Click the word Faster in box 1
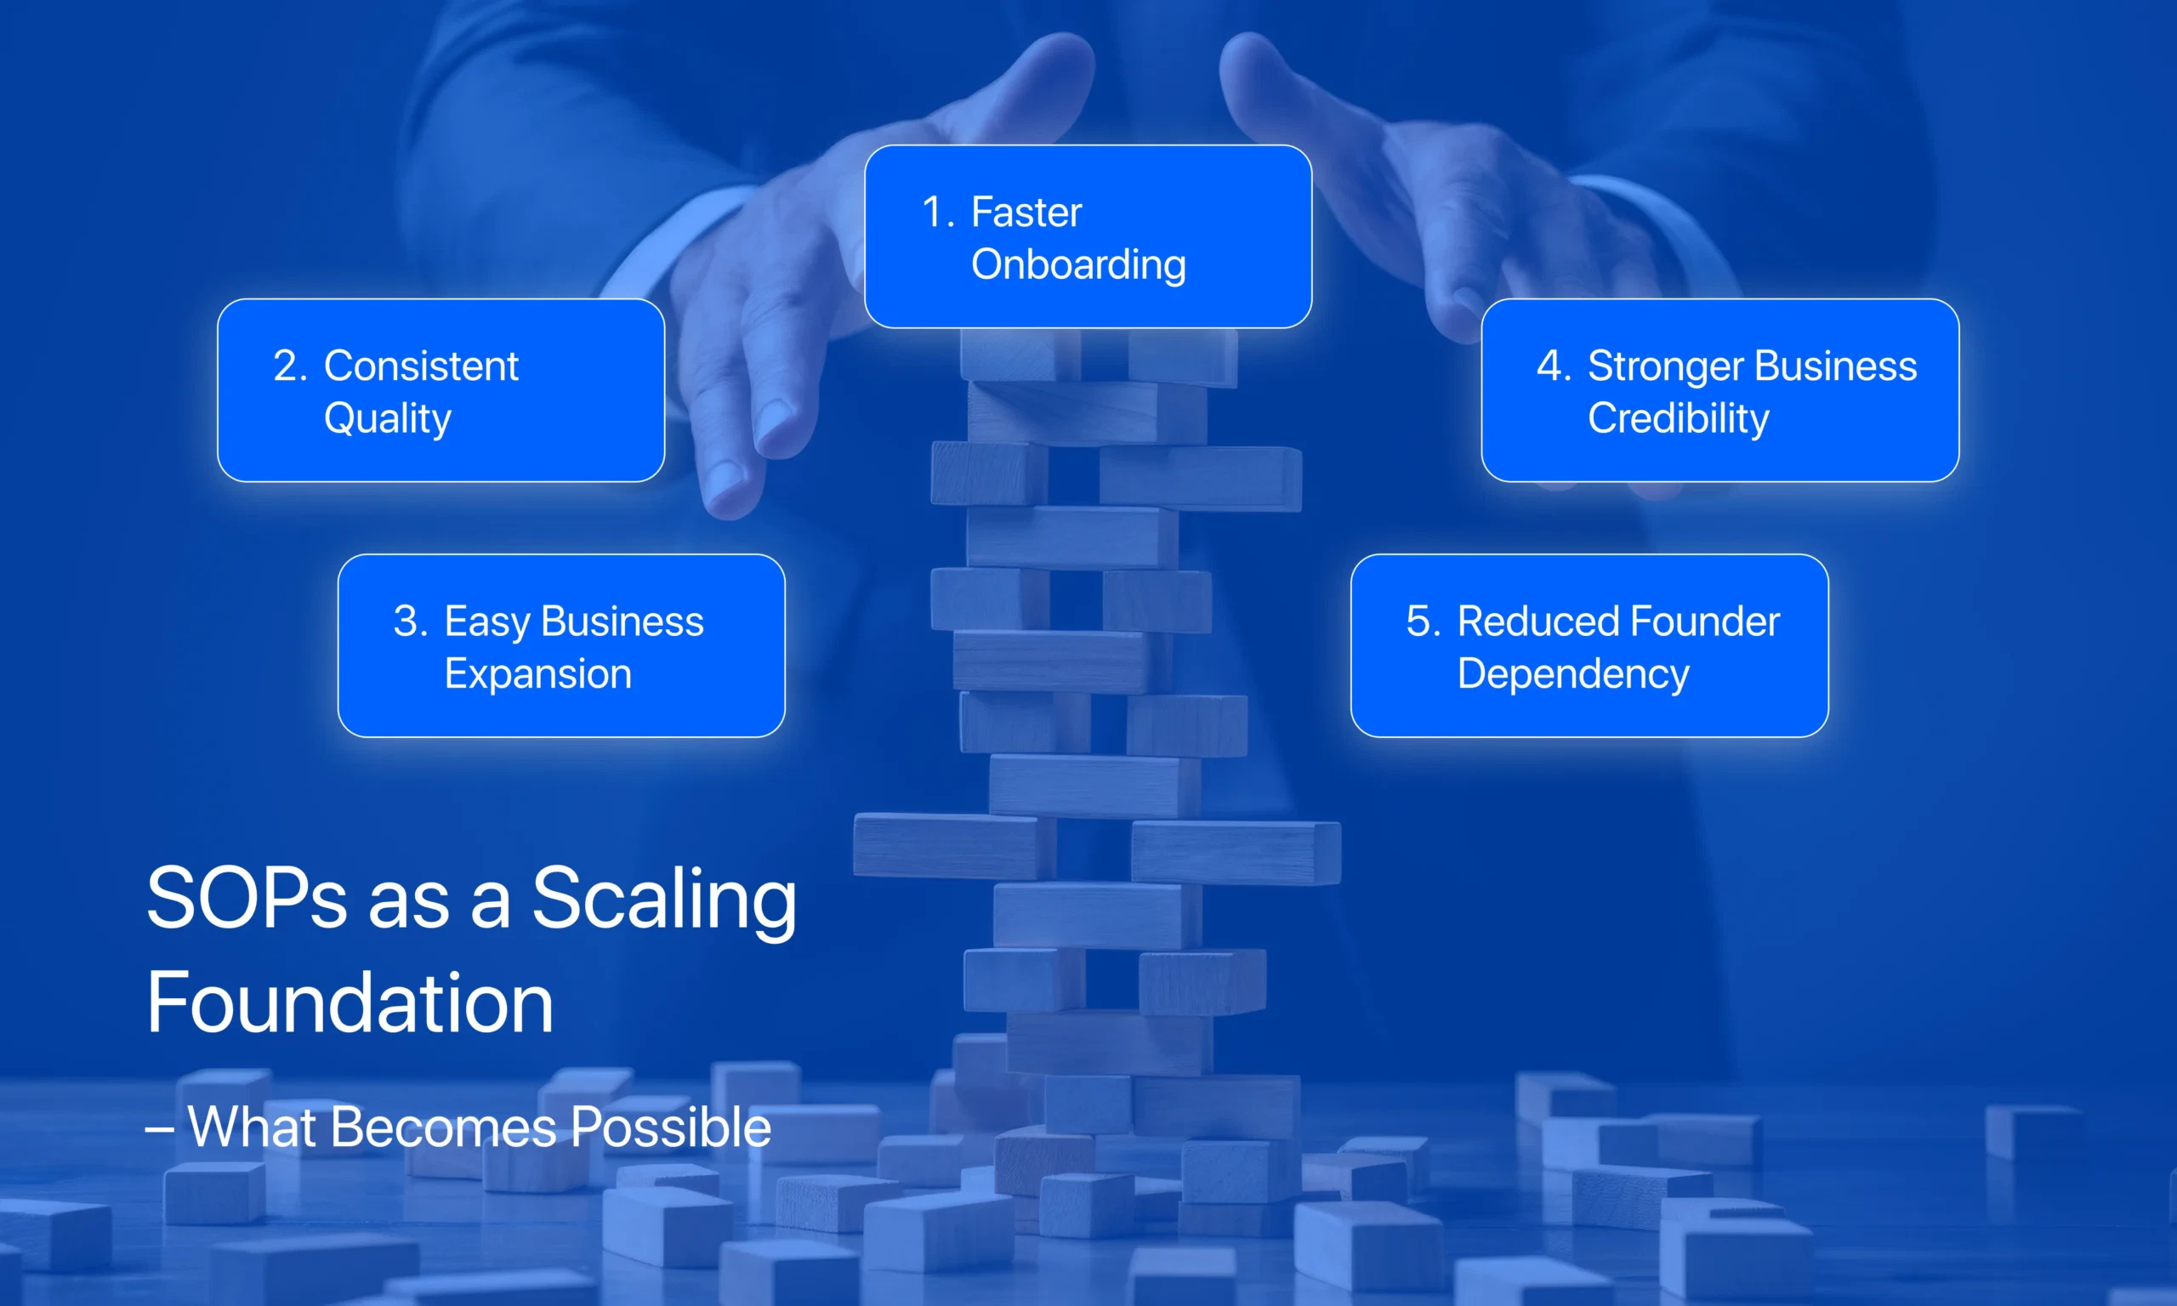coord(1026,213)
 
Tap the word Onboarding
coord(1078,265)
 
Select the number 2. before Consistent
coord(289,366)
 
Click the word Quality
coord(387,419)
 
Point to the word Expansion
coord(537,674)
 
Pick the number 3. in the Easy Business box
coord(410,622)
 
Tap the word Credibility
coord(1677,419)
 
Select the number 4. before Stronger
coord(1553,366)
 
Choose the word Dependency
coord(1572,674)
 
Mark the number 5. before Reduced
coord(1423,622)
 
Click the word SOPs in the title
coord(247,899)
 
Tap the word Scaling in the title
coord(663,899)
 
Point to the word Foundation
coord(350,1003)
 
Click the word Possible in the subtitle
coord(670,1127)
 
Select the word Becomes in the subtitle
coord(445,1127)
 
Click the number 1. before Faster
coord(937,213)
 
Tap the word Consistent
coord(421,366)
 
